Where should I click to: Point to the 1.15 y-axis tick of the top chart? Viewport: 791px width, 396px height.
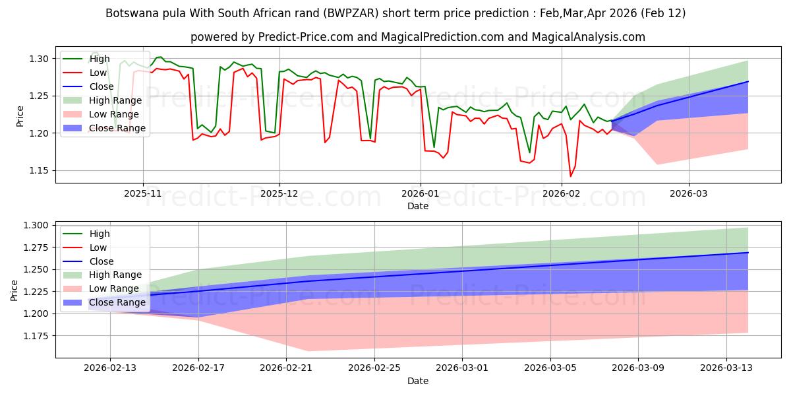tap(40, 171)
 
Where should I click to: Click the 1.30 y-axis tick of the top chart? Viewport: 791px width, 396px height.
tap(40, 59)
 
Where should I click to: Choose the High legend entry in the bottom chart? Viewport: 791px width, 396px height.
tap(98, 234)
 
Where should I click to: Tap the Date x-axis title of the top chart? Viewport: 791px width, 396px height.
tap(418, 207)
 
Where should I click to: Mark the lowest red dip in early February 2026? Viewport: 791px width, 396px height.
tap(571, 176)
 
